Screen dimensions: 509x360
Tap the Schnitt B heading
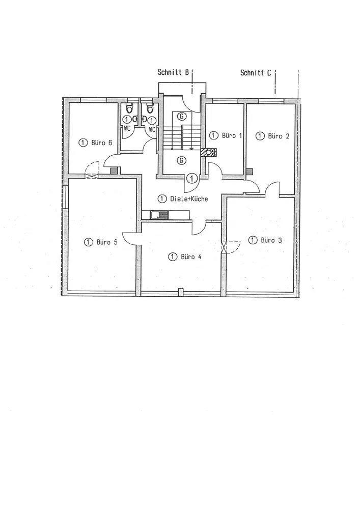pos(174,73)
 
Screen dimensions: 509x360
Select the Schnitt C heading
pos(256,73)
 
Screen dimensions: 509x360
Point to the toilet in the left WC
pos(129,108)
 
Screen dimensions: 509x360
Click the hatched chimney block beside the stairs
pos(209,152)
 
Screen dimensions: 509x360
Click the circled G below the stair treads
pos(181,160)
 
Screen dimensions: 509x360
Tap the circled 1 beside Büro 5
pos(89,242)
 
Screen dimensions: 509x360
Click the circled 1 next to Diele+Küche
pos(162,199)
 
